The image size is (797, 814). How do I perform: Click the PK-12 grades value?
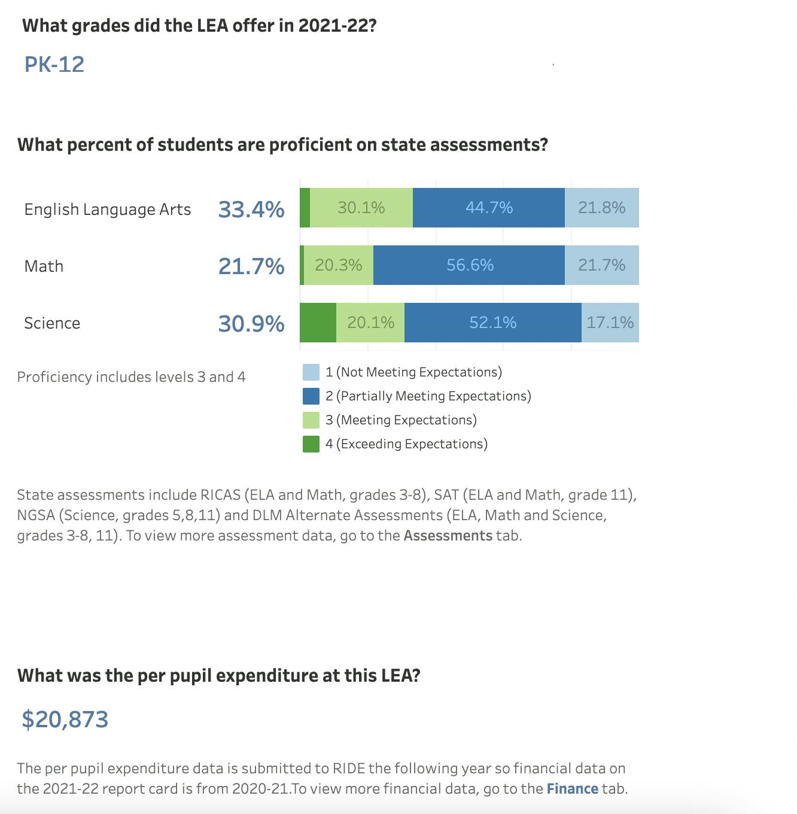click(x=54, y=65)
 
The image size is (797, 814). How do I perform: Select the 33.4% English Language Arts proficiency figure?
click(x=251, y=209)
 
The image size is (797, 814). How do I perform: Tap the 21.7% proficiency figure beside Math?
click(x=251, y=266)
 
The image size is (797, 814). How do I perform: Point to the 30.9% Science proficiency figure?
click(x=251, y=324)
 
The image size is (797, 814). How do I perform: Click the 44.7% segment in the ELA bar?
click(x=489, y=208)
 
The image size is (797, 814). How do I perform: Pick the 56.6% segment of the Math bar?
click(x=470, y=265)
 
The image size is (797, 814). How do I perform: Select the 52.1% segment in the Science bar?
click(x=492, y=323)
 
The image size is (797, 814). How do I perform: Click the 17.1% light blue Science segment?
click(x=610, y=323)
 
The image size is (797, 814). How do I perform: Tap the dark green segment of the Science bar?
click(x=318, y=323)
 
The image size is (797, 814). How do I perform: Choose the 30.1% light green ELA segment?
click(x=361, y=208)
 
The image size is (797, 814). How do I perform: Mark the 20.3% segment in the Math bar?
click(x=338, y=265)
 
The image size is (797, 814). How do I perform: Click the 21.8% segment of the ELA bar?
click(x=601, y=208)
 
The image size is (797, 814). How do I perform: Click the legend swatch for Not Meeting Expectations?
click(x=311, y=372)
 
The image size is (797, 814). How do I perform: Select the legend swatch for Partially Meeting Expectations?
click(x=311, y=396)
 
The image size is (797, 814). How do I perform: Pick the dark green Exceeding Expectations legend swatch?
click(x=311, y=444)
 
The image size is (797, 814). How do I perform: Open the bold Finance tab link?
click(x=572, y=789)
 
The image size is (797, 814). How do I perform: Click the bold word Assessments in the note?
click(x=448, y=536)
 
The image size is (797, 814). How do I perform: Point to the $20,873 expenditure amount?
click(x=65, y=719)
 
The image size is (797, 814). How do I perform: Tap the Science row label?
click(x=52, y=323)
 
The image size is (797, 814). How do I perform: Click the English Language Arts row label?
click(x=108, y=209)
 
